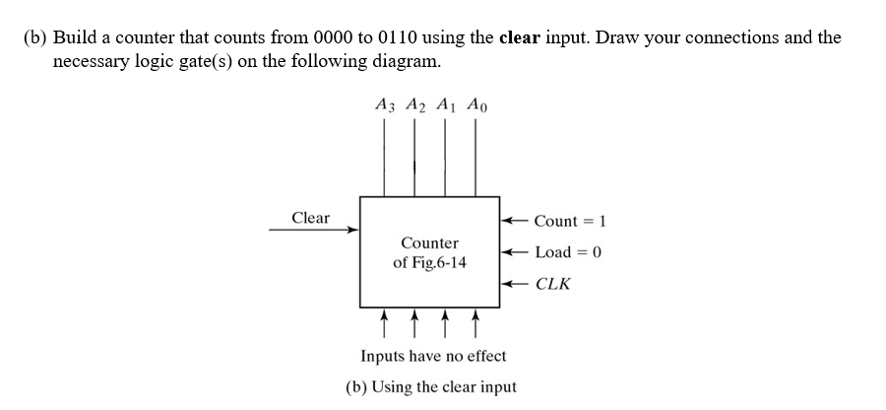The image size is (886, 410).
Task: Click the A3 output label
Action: (x=386, y=103)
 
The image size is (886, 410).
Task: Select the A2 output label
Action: (x=415, y=103)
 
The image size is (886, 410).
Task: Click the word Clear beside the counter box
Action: (x=311, y=218)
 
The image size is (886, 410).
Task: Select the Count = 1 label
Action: (x=567, y=220)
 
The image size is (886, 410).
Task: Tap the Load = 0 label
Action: (x=568, y=251)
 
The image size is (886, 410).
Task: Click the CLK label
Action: (x=552, y=284)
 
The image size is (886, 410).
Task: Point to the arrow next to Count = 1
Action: (x=515, y=220)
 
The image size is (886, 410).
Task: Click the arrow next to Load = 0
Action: (x=515, y=251)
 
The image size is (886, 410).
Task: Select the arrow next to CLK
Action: (x=515, y=284)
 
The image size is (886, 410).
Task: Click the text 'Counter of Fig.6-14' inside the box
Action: (x=430, y=252)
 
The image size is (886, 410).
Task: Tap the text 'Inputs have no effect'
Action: (x=433, y=356)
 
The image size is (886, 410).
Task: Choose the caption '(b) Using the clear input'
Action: (x=431, y=386)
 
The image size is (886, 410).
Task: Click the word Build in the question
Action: (x=73, y=38)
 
